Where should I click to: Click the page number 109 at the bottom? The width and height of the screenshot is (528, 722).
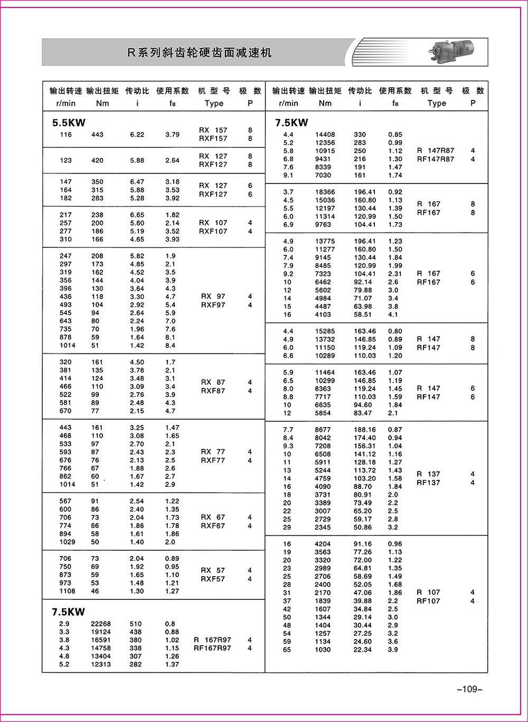pos(469,689)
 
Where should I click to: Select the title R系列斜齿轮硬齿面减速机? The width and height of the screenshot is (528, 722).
pos(200,53)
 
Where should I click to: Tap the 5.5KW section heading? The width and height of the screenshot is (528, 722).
pos(68,123)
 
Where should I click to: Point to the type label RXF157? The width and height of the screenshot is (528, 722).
pos(213,138)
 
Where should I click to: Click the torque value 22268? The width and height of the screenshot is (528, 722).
pos(101,624)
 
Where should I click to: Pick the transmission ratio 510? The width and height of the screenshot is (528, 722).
pos(136,624)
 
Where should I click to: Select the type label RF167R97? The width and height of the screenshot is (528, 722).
pos(212,648)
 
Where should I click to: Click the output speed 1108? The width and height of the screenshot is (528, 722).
pos(68,591)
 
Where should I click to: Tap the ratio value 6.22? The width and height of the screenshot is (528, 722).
pos(137,134)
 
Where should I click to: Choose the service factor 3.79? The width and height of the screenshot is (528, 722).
pos(172,134)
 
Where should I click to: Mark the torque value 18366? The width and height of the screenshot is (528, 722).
pos(325,192)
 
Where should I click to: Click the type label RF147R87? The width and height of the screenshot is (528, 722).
pos(435,159)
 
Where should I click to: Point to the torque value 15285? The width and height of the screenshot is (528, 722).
pos(325,331)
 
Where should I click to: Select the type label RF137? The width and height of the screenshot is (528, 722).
pos(428,483)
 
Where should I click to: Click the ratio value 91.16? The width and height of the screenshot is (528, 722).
pos(363,544)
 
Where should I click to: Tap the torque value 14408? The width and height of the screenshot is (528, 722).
pos(325,135)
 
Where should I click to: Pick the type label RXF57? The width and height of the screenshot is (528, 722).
pos(213,579)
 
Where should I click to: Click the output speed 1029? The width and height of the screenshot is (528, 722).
pos(68,542)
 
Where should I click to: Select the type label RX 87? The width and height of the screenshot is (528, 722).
pos(213,382)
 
